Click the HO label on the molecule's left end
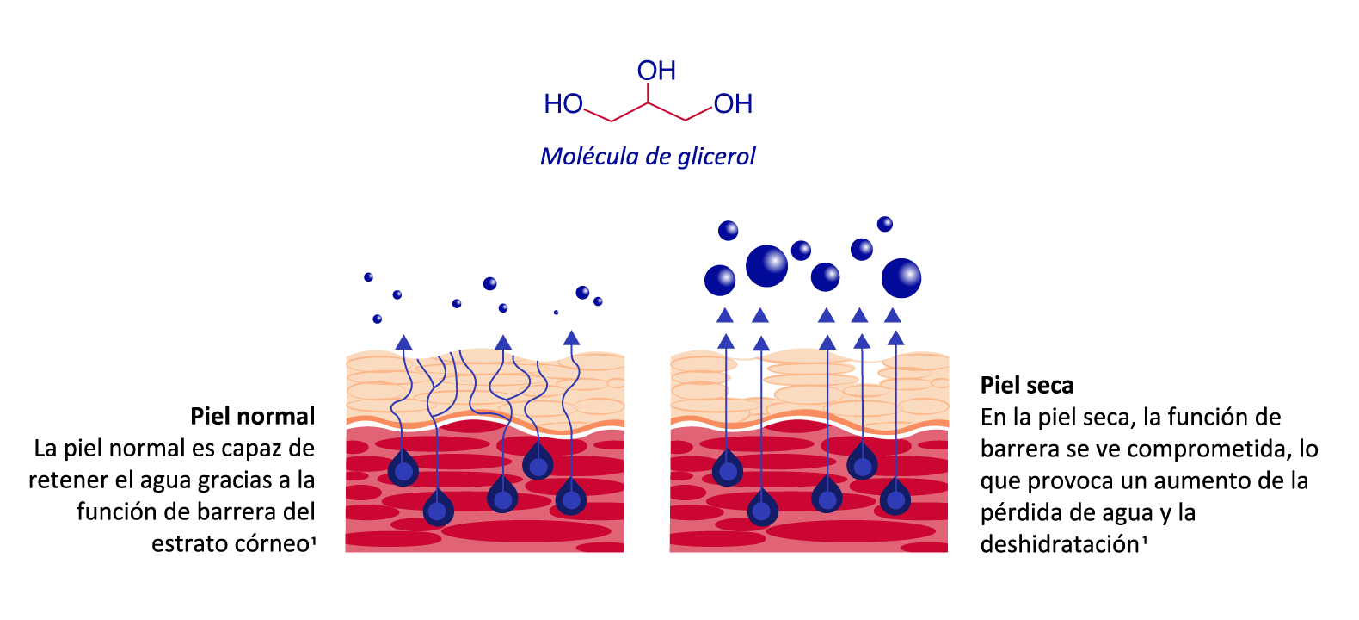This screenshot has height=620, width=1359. click(x=563, y=104)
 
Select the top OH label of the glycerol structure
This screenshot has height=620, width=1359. click(x=656, y=71)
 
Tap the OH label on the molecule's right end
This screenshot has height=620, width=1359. click(x=733, y=104)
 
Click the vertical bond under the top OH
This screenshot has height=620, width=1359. click(x=648, y=93)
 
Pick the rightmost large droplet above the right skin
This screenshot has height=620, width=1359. click(x=901, y=278)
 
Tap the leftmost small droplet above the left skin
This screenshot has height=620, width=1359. click(x=368, y=277)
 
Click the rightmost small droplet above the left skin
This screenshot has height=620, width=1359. click(x=599, y=301)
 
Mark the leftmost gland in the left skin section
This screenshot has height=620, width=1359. click(x=403, y=470)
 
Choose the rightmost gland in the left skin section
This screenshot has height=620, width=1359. click(x=571, y=499)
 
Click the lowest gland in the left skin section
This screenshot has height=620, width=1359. click(x=438, y=510)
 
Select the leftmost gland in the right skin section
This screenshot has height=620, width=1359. click(x=728, y=470)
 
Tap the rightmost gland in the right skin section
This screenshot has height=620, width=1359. click(x=895, y=499)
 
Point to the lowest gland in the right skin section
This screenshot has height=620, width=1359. click(x=762, y=510)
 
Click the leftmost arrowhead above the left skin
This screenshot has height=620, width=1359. click(x=403, y=342)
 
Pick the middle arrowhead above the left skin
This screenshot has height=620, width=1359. click(x=503, y=342)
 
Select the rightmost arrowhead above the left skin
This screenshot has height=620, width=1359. click(x=571, y=338)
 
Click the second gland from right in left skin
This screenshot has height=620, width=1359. click(x=538, y=465)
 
